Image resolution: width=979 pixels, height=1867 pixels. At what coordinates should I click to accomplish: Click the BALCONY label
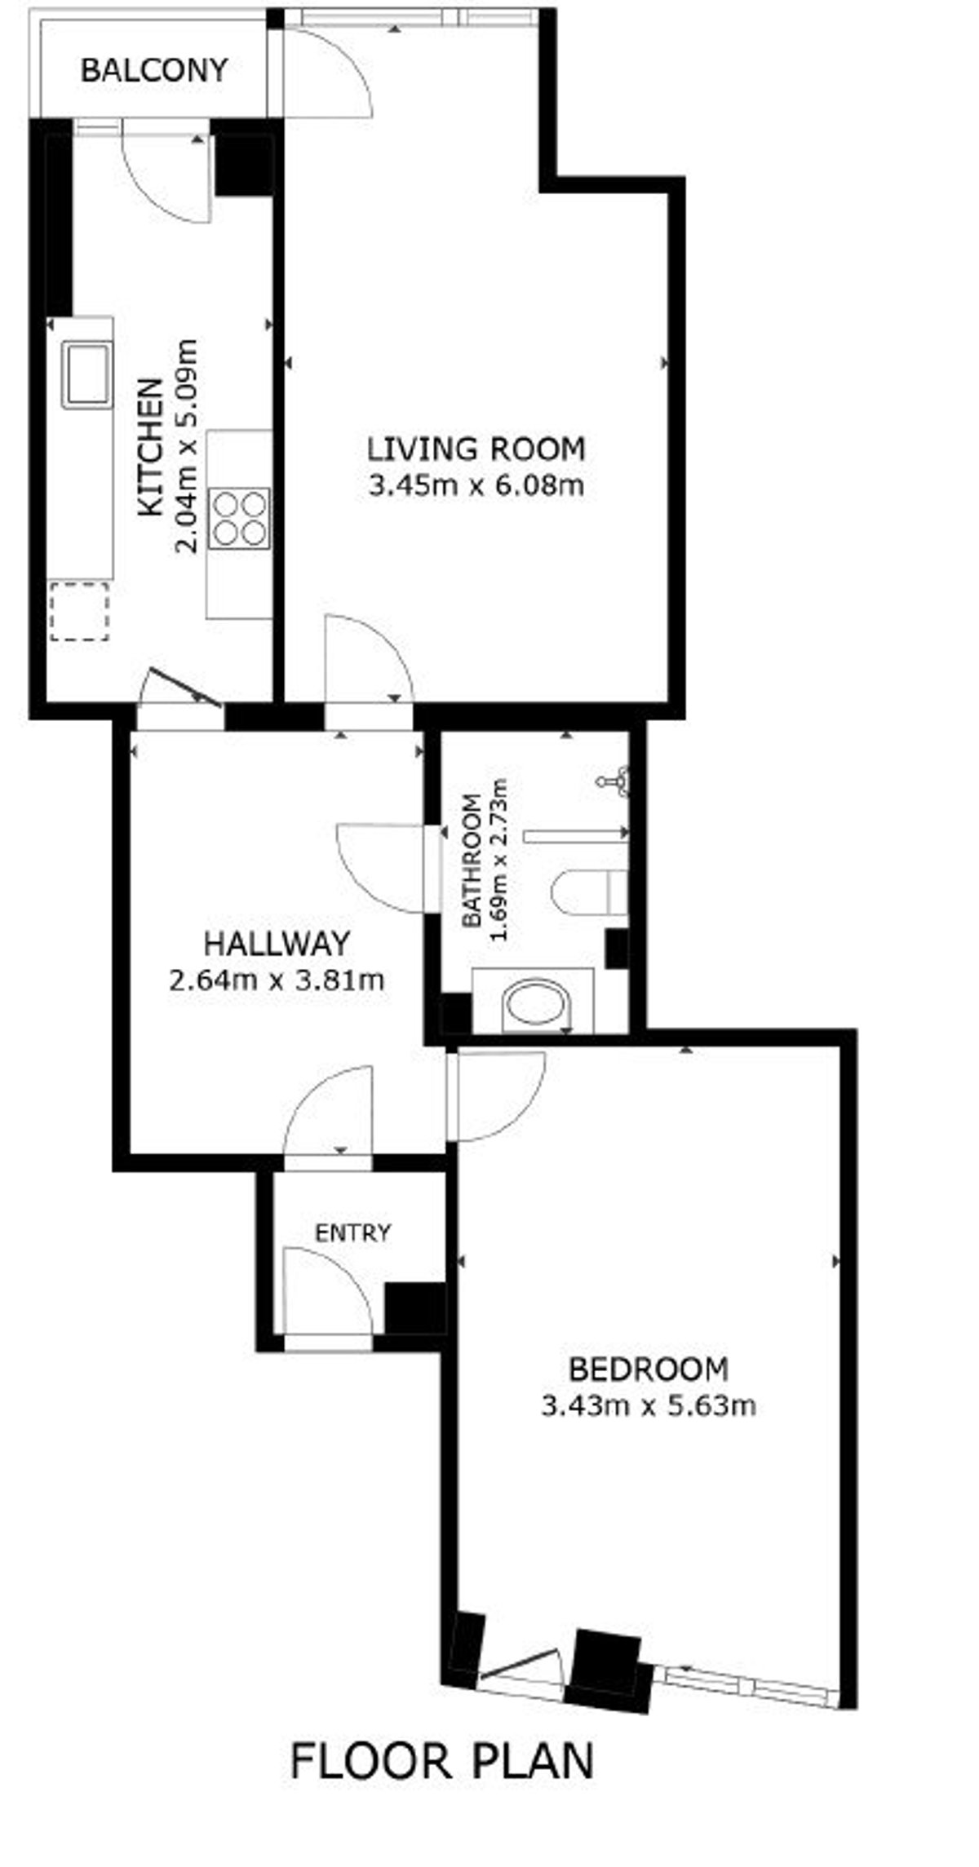[x=153, y=70]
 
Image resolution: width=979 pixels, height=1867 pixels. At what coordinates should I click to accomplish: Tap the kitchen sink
[x=88, y=374]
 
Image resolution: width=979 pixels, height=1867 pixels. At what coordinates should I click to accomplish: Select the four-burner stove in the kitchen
[x=241, y=518]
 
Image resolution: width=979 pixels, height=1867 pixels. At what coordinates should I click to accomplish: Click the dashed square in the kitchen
[x=79, y=611]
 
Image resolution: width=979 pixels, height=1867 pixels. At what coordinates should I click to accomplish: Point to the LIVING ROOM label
[x=476, y=449]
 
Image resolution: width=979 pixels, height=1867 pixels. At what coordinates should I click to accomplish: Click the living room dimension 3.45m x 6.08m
[x=476, y=487]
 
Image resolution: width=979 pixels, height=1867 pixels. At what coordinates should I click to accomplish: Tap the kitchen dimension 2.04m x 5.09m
[x=187, y=445]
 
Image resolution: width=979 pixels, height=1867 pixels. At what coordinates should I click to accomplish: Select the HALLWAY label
[x=277, y=944]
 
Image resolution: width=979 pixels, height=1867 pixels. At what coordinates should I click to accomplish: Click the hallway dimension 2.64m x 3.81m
[x=277, y=980]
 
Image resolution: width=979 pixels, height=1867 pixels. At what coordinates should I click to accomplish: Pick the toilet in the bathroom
[x=589, y=891]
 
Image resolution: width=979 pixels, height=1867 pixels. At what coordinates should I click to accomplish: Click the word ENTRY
[x=353, y=1232]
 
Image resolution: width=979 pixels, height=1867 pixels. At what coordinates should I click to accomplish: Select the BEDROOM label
[x=648, y=1368]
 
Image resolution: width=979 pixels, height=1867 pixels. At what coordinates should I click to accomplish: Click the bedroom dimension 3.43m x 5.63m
[x=649, y=1405]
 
